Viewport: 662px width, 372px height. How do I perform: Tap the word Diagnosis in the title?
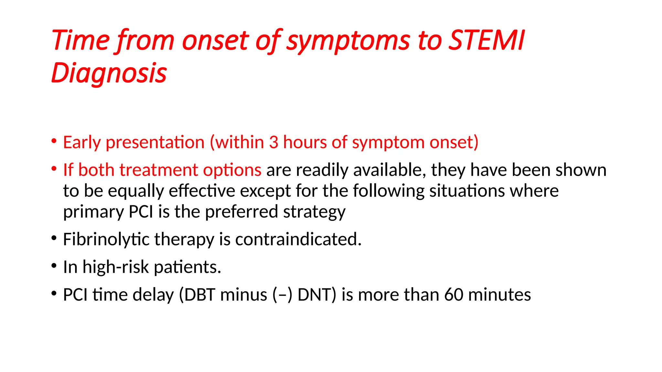[109, 73]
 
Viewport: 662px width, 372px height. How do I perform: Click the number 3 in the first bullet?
[273, 142]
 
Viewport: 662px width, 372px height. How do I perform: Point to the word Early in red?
[82, 142]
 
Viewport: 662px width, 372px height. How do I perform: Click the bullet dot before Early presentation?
[54, 141]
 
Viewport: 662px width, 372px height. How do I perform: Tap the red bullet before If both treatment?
[54, 169]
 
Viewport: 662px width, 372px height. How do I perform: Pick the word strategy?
[314, 212]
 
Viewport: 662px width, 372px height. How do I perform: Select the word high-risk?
[115, 267]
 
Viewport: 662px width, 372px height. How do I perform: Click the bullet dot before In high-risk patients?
[54, 266]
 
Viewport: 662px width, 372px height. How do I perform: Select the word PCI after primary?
[141, 212]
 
